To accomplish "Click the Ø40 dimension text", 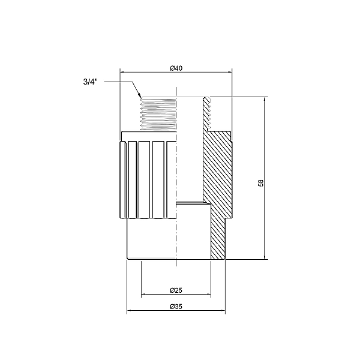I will click(176, 68).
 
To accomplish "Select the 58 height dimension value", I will click(260, 182).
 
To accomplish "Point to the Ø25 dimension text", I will click(176, 290).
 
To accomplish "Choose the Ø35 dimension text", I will click(176, 307).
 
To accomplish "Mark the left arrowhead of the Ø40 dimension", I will click(124, 73).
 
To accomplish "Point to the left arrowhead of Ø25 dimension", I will click(143, 295).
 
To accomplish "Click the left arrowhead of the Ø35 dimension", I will click(130, 312).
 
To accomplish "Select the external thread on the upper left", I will click(156, 114).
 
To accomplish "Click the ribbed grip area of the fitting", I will click(147, 180).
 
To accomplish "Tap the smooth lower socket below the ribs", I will click(150, 240).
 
